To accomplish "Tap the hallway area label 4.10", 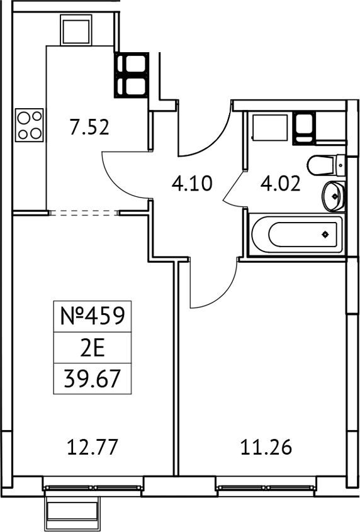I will [x=193, y=184].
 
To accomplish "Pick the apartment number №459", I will [x=93, y=316].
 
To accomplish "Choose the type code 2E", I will [x=93, y=348].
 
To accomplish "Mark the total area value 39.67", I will [x=93, y=379].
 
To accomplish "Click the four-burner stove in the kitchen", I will [x=30, y=125].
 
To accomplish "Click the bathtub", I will [x=296, y=235].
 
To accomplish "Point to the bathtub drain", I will [x=325, y=235].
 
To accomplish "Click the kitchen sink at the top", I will [x=77, y=29].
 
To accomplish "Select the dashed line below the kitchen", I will [x=84, y=213].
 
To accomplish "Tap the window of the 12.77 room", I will [x=93, y=487].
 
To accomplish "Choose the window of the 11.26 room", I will [x=266, y=487].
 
